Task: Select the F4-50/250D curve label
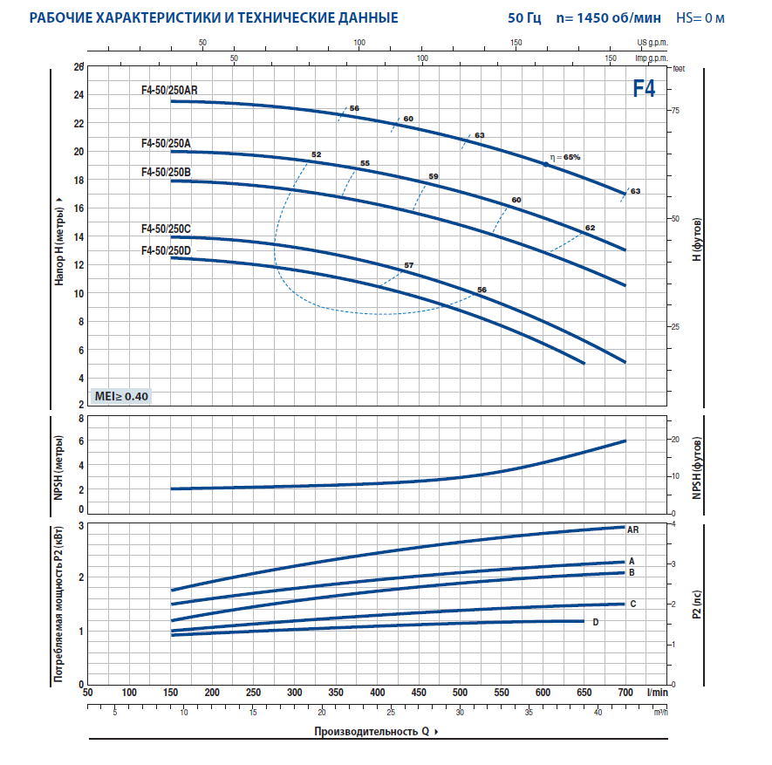[166, 251]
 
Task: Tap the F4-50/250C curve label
[166, 229]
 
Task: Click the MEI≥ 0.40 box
[122, 396]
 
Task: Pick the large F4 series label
[644, 89]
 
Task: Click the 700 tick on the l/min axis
[625, 692]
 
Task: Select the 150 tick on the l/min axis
[170, 692]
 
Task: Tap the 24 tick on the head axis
[79, 95]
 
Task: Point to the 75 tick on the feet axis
[674, 110]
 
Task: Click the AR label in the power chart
[633, 529]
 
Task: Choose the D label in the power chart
[595, 622]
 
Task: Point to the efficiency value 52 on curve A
[316, 154]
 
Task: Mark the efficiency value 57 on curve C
[408, 265]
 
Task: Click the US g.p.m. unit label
[652, 42]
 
